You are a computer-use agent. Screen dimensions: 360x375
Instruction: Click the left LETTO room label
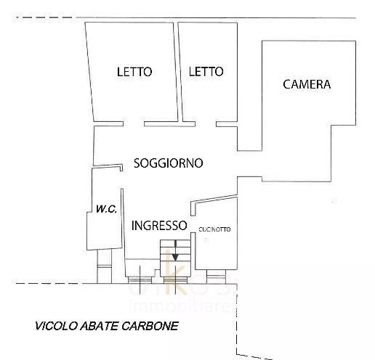coord(134,72)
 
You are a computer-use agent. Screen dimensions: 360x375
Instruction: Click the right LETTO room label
coord(206,72)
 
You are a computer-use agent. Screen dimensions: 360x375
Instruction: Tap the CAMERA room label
coord(306,84)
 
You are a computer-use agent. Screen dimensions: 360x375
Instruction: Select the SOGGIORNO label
coord(168,163)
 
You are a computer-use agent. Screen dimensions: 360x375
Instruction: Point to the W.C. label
coord(107,210)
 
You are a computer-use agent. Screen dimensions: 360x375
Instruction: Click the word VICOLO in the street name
coord(53,326)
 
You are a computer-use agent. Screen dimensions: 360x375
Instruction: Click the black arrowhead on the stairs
coord(175,255)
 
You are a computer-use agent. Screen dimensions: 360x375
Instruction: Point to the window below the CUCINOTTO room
coord(216,277)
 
